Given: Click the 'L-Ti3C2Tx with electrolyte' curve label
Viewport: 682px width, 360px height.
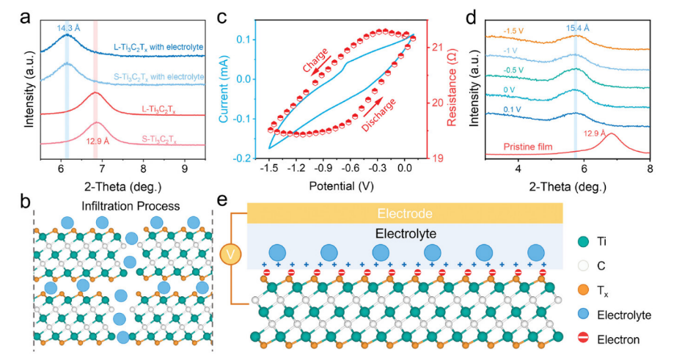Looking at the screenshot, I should coord(158,47).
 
